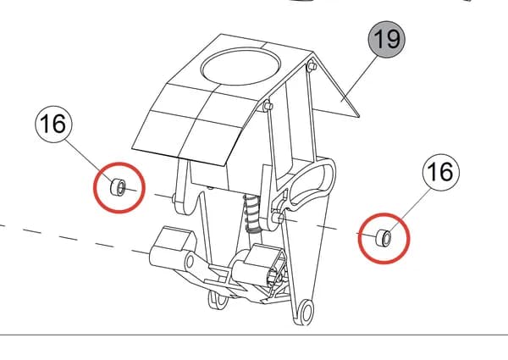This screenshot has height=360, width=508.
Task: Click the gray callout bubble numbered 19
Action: click(x=386, y=40)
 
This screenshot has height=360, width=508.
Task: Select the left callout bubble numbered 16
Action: click(x=54, y=125)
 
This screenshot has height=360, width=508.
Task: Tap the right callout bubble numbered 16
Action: click(x=441, y=172)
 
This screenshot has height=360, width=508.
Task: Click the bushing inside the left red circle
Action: click(x=119, y=187)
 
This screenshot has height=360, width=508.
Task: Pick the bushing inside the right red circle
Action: click(x=384, y=238)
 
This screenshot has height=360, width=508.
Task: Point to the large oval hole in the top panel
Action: click(x=240, y=67)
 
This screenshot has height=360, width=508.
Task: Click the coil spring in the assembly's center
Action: click(x=251, y=213)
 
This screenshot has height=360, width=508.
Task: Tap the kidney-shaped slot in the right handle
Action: click(x=311, y=184)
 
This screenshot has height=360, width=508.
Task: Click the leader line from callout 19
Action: click(x=360, y=78)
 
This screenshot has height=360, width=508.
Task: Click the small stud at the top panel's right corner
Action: click(x=312, y=66)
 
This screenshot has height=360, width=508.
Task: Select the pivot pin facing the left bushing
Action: click(x=174, y=197)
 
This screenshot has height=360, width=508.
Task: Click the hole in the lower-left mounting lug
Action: click(x=190, y=261)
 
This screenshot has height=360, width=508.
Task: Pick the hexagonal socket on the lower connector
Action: click(x=274, y=278)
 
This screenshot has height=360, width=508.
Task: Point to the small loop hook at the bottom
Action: click(x=218, y=299)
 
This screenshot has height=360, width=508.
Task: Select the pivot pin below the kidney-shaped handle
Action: click(x=278, y=217)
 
